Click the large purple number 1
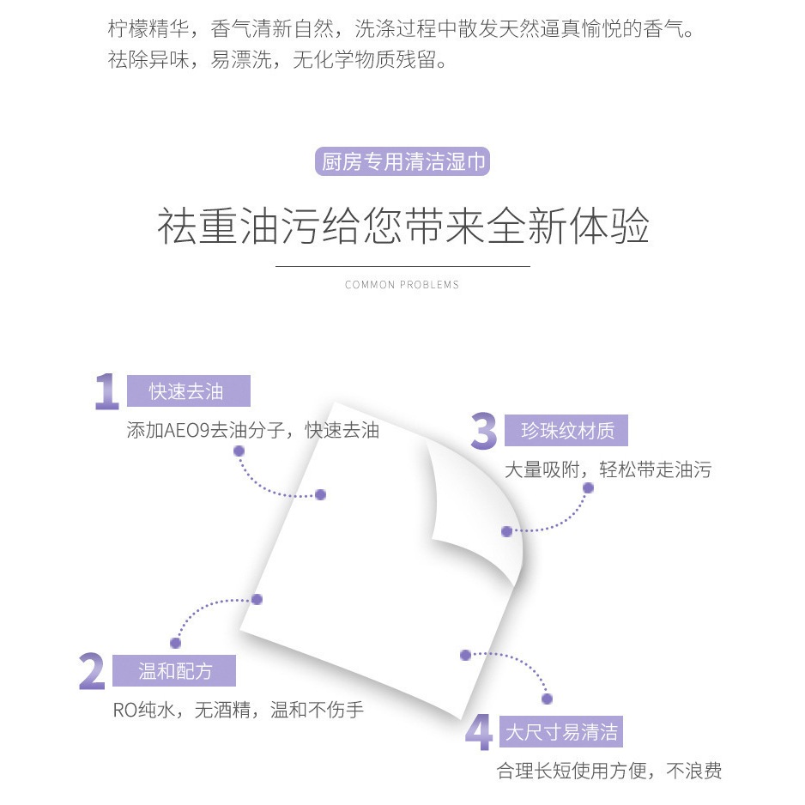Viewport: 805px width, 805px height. (x=107, y=391)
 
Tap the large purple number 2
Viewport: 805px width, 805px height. (x=92, y=671)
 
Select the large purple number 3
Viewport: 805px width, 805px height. (x=484, y=431)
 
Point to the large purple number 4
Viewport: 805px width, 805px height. (x=479, y=732)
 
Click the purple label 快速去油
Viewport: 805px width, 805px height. (x=189, y=391)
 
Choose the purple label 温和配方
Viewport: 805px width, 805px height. (x=174, y=670)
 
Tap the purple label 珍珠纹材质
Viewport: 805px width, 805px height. (x=566, y=430)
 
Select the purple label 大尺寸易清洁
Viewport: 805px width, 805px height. (x=561, y=731)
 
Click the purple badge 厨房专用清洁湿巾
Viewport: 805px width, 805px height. (x=402, y=161)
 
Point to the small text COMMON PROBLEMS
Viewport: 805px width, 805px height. (x=402, y=285)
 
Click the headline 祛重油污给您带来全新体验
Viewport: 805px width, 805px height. (x=403, y=227)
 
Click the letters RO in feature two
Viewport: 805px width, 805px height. (x=125, y=710)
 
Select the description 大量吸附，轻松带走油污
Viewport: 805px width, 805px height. (x=608, y=469)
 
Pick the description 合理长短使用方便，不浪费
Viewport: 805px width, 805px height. (x=609, y=771)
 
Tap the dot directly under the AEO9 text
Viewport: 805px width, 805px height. (x=239, y=451)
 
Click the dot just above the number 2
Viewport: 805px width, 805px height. (x=176, y=643)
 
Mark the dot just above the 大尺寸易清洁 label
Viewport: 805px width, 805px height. (x=548, y=699)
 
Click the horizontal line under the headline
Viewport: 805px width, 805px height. (x=403, y=266)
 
